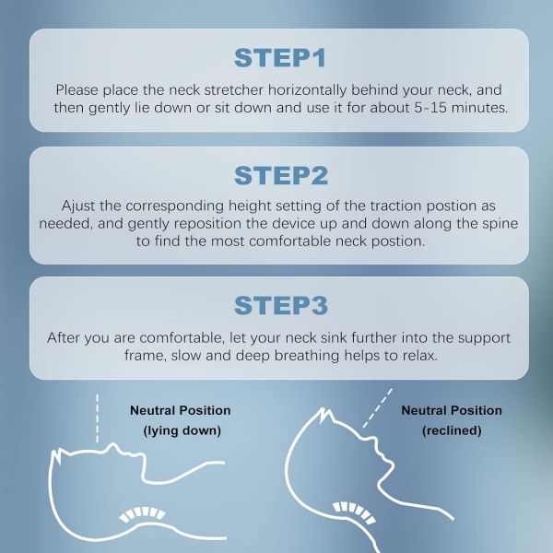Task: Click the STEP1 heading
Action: click(279, 57)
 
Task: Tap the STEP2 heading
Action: click(279, 175)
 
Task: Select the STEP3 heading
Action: click(279, 305)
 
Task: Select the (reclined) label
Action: click(451, 431)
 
